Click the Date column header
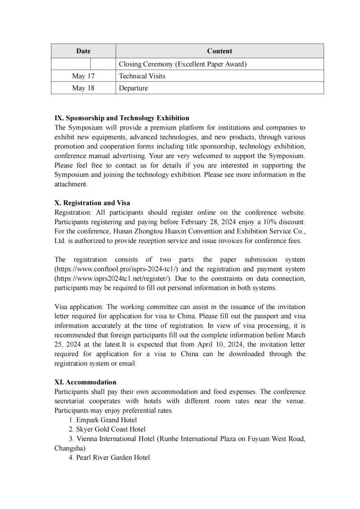(x=83, y=51)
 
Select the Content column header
(x=220, y=51)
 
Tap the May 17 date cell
(x=83, y=76)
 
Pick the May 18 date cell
(x=83, y=88)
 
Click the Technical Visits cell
(x=142, y=76)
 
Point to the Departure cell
(x=133, y=88)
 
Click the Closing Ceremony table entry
(x=183, y=64)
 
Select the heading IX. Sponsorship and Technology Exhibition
(x=121, y=118)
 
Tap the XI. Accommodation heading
(x=85, y=383)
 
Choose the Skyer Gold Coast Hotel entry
(x=107, y=429)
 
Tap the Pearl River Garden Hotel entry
(x=109, y=458)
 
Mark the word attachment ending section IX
(x=70, y=185)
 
